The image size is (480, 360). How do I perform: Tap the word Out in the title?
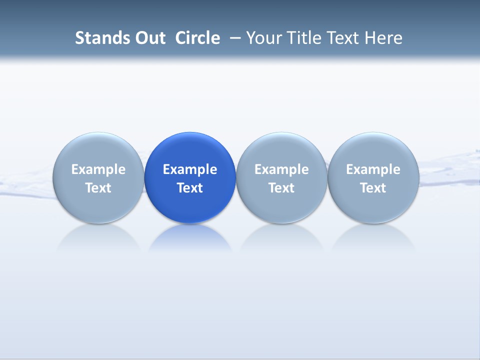pos(149,38)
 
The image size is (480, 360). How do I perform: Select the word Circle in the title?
pos(197,38)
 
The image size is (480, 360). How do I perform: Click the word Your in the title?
pos(264,38)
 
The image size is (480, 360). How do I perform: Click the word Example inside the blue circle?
pos(190,169)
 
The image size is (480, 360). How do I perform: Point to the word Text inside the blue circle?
pos(190,188)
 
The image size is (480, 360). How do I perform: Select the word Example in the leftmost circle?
pos(98,169)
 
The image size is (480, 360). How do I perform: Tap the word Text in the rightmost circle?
pos(373,188)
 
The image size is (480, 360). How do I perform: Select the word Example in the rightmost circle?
pos(373,169)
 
